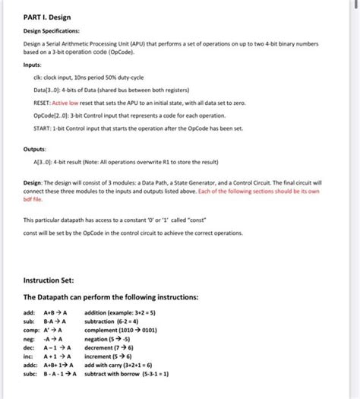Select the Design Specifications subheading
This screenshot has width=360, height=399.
52,32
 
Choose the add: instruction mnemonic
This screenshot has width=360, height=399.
30,312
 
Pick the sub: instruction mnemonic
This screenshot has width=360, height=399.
30,322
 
